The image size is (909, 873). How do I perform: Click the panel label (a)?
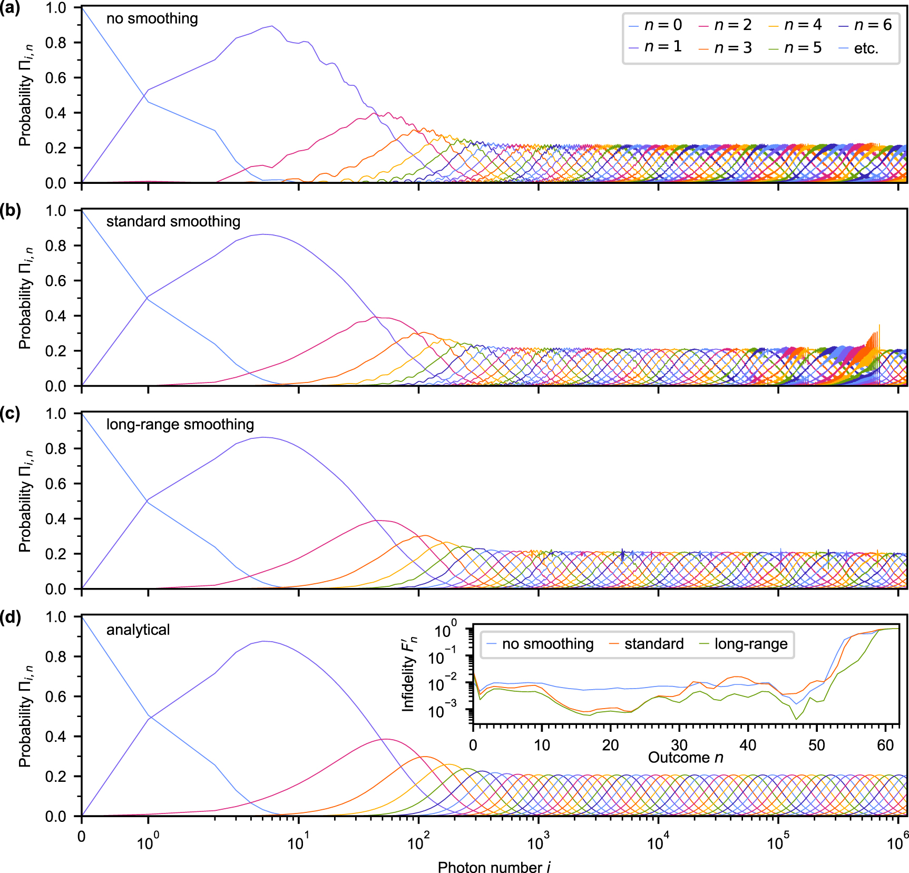[9, 8]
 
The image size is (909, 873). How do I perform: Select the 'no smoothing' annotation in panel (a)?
[152, 19]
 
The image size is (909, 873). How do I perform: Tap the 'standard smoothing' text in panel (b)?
[173, 222]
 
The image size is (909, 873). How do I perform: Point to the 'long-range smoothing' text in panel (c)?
[180, 425]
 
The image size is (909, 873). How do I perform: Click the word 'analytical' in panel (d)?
[138, 630]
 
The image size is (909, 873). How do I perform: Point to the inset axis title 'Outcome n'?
[685, 758]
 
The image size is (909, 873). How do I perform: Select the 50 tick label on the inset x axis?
[816, 745]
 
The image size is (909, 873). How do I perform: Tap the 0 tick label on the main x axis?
[81, 837]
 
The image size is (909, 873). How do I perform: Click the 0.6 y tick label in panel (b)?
[55, 281]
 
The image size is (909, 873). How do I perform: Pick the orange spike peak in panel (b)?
[879, 326]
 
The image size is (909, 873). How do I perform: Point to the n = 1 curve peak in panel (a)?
[271, 26]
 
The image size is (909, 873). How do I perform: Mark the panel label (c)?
[10, 414]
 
